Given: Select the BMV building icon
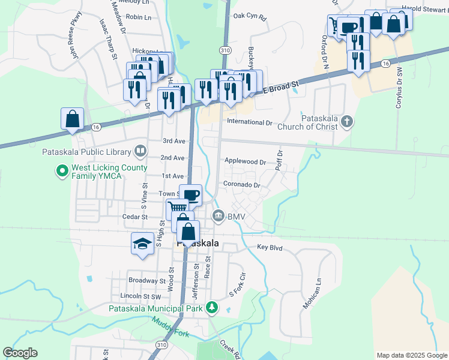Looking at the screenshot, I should pyautogui.click(x=218, y=215).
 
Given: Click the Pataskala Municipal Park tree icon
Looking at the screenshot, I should pyautogui.click(x=211, y=308).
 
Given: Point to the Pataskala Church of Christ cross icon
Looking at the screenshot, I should pyautogui.click(x=346, y=122).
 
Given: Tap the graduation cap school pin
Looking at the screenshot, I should pyautogui.click(x=142, y=244).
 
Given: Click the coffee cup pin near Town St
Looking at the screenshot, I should pyautogui.click(x=191, y=195).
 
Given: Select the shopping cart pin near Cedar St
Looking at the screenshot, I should pyautogui.click(x=177, y=209).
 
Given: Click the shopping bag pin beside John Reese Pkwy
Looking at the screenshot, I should pyautogui.click(x=72, y=118).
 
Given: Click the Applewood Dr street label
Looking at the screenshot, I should pyautogui.click(x=245, y=161).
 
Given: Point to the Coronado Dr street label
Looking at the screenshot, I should pyautogui.click(x=241, y=185).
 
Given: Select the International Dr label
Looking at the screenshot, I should pyautogui.click(x=249, y=122).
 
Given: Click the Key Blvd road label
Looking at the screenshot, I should pyautogui.click(x=270, y=247).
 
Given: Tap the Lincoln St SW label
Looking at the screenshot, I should pyautogui.click(x=141, y=296).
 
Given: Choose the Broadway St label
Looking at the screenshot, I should pyautogui.click(x=146, y=280).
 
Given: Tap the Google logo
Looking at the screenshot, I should pyautogui.click(x=20, y=353).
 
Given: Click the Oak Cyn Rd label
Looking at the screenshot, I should pyautogui.click(x=249, y=16).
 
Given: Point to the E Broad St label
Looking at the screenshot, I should pyautogui.click(x=282, y=89).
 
